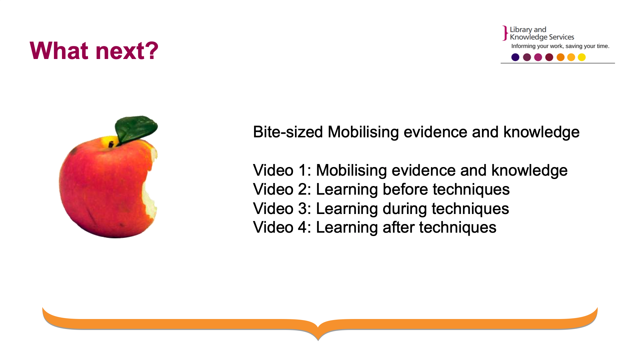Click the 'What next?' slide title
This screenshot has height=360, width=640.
tap(94, 51)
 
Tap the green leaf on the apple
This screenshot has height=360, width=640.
tap(136, 129)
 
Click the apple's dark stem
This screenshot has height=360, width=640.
tap(111, 144)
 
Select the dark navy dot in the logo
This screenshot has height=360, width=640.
tap(515, 57)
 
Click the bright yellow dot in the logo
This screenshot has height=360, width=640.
tap(582, 57)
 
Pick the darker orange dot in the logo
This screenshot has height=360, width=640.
tap(561, 57)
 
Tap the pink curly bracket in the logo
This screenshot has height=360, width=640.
tap(505, 33)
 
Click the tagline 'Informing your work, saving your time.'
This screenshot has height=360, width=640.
tap(560, 46)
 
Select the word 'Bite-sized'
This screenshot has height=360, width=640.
tap(288, 132)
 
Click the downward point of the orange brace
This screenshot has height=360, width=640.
tap(318, 340)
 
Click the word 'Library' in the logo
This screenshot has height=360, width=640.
tap(521, 30)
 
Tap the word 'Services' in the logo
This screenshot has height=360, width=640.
tap(561, 37)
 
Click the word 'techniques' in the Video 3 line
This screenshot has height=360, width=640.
tap(470, 209)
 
